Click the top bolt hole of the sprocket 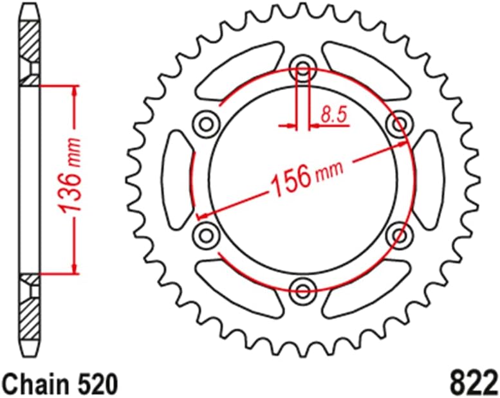[303, 68]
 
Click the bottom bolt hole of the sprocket [303, 286]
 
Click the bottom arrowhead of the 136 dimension [75, 267]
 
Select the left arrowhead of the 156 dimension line [201, 215]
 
